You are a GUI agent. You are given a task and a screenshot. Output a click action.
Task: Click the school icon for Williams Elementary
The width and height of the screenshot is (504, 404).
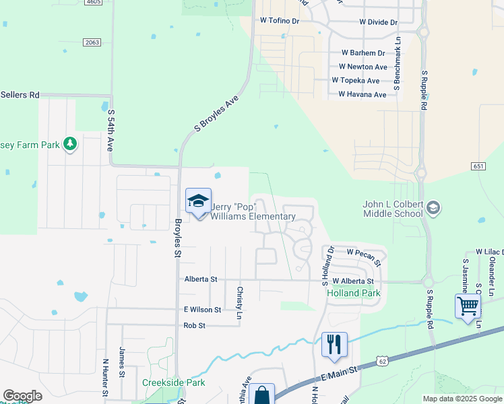click(x=199, y=201)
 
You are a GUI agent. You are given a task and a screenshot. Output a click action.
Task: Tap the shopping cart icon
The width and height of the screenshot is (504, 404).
click(x=468, y=306)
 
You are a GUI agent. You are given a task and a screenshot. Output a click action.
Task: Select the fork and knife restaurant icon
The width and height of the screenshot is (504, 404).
click(x=334, y=344)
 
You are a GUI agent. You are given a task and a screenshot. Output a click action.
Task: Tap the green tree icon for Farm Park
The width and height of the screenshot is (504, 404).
click(x=69, y=143)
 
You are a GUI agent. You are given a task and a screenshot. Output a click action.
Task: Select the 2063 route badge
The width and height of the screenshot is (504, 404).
click(x=92, y=42)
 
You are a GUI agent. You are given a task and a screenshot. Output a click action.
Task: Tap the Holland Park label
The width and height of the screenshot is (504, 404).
click(x=354, y=293)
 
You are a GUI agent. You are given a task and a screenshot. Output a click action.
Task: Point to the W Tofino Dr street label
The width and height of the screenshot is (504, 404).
click(x=279, y=21)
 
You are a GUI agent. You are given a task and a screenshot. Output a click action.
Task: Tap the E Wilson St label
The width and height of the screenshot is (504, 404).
click(x=202, y=309)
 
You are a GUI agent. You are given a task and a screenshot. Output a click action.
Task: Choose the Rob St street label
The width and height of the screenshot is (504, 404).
click(x=194, y=325)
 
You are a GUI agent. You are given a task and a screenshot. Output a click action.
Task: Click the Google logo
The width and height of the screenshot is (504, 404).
click(x=22, y=396)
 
